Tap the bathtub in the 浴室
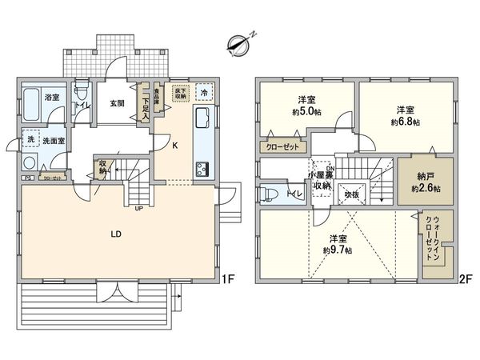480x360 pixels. [31, 103]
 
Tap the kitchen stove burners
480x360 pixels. [201, 169]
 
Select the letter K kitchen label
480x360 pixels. [174, 145]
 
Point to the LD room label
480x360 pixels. [115, 234]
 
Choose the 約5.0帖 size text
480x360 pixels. [303, 112]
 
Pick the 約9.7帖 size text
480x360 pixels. [338, 249]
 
